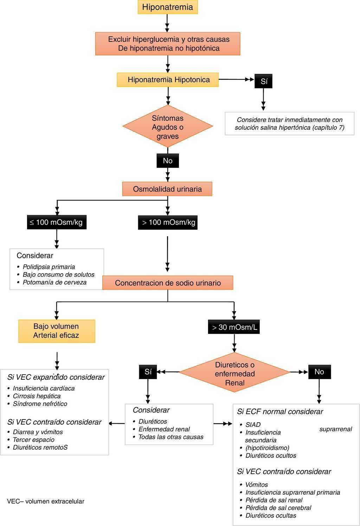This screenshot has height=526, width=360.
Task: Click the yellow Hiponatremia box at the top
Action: click(x=167, y=7)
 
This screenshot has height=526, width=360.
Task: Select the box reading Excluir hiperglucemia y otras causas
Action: click(x=168, y=44)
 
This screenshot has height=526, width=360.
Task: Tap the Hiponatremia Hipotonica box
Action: click(x=168, y=80)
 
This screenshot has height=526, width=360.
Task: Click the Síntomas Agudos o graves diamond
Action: click(x=168, y=127)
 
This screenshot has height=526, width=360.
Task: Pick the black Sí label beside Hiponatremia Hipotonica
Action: click(x=264, y=82)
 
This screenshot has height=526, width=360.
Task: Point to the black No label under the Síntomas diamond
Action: click(x=168, y=161)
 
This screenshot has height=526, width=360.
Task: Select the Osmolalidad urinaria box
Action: click(x=167, y=189)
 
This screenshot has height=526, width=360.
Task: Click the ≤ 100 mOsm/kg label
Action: click(x=57, y=223)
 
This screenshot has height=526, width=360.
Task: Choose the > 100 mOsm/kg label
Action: click(x=168, y=223)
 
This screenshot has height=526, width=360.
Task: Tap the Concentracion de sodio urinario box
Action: click(x=168, y=283)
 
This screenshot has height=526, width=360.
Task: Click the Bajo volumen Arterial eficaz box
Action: click(x=57, y=331)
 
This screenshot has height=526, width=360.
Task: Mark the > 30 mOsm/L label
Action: click(x=234, y=327)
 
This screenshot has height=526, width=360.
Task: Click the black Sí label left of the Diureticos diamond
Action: click(x=148, y=372)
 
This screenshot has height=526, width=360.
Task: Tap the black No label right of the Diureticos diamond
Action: click(x=319, y=372)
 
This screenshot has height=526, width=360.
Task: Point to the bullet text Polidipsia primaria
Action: click(x=49, y=267)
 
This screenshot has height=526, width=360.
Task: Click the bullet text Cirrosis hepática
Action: click(x=37, y=396)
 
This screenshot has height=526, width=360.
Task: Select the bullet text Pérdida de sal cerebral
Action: click(x=278, y=508)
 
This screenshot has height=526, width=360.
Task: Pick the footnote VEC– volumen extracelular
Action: click(x=46, y=501)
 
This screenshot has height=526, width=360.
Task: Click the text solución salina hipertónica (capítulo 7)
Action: click(x=289, y=128)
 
